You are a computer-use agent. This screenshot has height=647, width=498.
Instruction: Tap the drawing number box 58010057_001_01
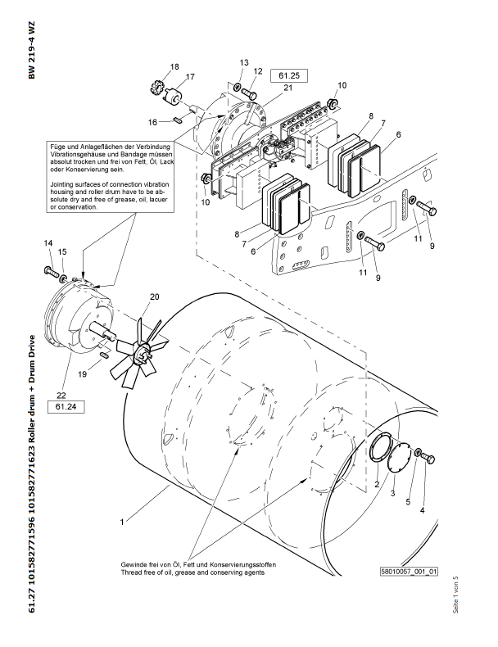409,572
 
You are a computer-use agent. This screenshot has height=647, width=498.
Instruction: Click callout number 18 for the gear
174,66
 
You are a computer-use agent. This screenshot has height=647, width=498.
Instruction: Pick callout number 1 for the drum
121,520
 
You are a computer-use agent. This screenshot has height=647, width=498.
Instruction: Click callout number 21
287,88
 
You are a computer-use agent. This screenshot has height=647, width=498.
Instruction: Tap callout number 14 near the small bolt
48,243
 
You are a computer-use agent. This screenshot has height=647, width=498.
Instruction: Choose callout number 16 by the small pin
152,122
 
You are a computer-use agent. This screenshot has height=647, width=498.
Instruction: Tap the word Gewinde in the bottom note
135,565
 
